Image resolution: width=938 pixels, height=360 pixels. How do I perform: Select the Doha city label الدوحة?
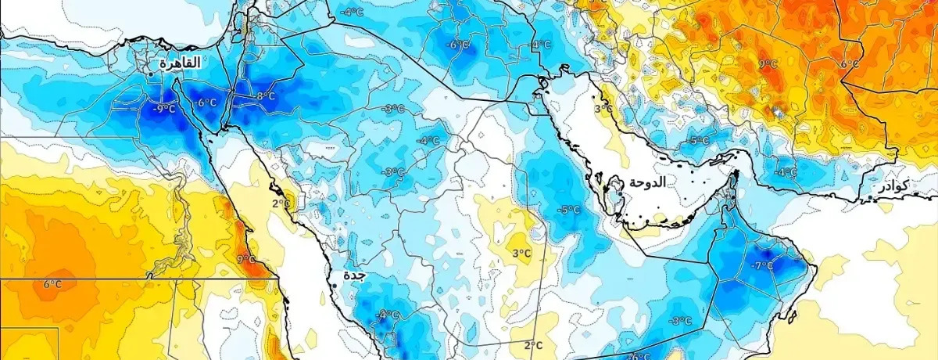tap(648, 182)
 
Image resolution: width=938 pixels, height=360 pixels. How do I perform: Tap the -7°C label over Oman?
tap(762, 266)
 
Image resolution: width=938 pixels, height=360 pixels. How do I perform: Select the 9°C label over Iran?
tap(768, 64)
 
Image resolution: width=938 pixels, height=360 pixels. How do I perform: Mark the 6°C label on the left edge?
tap(52, 283)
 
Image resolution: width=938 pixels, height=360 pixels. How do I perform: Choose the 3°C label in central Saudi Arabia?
tap(521, 253)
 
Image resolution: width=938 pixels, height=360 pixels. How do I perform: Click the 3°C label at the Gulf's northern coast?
tap(603, 109)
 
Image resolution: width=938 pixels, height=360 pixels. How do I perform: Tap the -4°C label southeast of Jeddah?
tap(386, 315)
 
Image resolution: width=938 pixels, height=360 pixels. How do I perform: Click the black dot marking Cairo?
tap(151, 74)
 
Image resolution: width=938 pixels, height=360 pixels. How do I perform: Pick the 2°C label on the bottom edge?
tap(533, 345)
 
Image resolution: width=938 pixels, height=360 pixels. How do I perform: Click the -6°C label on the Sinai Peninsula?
tap(206, 103)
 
